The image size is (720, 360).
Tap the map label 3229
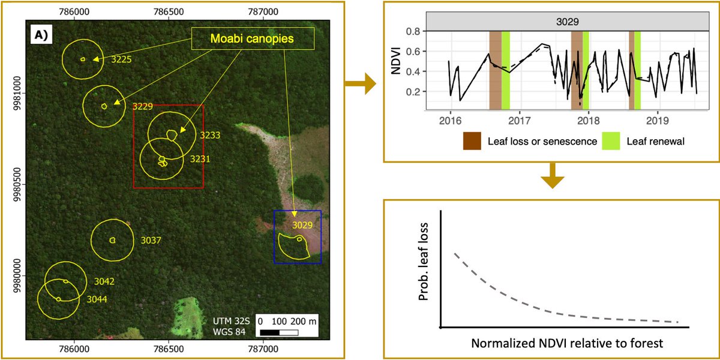(x=143, y=106)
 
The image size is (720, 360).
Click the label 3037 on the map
(x=151, y=240)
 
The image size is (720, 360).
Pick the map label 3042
(x=104, y=281)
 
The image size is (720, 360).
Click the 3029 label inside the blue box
(x=303, y=225)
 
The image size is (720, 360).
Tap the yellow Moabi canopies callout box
(x=253, y=40)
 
